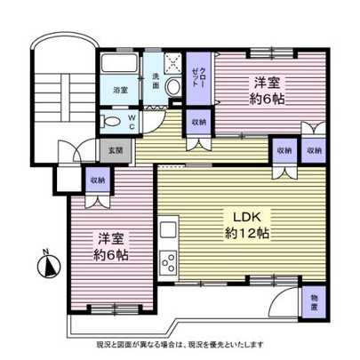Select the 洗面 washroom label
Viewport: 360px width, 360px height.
(x=152, y=78)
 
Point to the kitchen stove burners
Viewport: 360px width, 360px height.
(x=168, y=262)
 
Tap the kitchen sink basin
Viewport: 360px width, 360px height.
(x=168, y=229)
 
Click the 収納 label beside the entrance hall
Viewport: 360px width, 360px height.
(x=97, y=180)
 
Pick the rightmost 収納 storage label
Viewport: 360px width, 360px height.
(x=314, y=150)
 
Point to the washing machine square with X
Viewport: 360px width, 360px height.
(x=175, y=62)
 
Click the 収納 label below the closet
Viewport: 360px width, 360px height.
(x=198, y=121)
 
